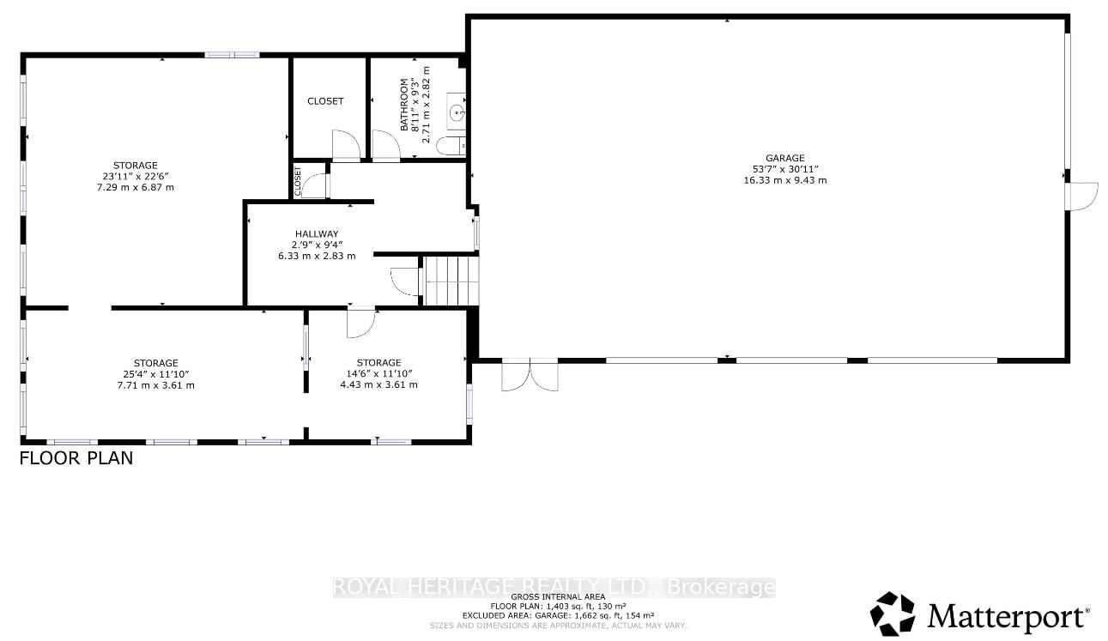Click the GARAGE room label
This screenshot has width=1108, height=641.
point(784,158)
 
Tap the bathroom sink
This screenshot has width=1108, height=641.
point(457,112)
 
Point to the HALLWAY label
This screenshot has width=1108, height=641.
point(317,233)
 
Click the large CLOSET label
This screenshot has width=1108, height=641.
point(325,101)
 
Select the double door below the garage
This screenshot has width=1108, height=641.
point(530,375)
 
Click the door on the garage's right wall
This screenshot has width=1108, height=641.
point(1081,196)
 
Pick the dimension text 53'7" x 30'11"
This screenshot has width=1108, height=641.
point(784,169)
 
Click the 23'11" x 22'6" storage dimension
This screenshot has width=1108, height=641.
point(136,176)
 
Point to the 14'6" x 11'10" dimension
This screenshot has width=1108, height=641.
point(378,373)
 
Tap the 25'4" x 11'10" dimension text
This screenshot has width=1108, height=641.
point(155,374)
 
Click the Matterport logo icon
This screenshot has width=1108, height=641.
point(893,614)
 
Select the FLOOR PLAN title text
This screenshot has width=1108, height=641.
point(76,458)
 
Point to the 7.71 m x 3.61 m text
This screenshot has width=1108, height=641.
point(155,385)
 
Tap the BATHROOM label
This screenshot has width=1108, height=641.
point(403,105)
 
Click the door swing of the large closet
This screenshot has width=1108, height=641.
point(345,146)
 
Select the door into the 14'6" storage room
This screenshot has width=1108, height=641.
point(360,323)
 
